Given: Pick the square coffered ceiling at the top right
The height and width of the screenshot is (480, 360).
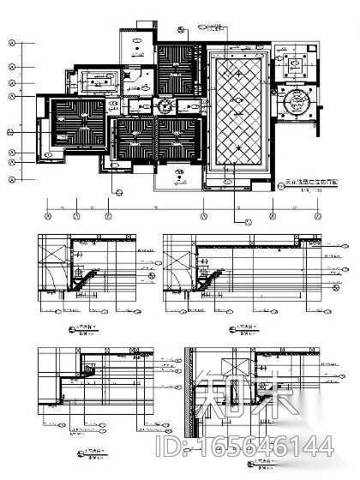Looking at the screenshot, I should click(x=303, y=61).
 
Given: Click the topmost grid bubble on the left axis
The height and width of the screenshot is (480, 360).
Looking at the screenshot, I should click(x=11, y=44).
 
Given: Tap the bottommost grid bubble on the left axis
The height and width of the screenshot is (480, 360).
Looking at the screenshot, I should click(x=11, y=180).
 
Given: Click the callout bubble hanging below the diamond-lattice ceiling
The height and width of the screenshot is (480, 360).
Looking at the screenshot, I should click(x=249, y=221).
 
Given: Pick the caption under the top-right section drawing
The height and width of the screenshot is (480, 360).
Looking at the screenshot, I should click(x=240, y=327).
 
